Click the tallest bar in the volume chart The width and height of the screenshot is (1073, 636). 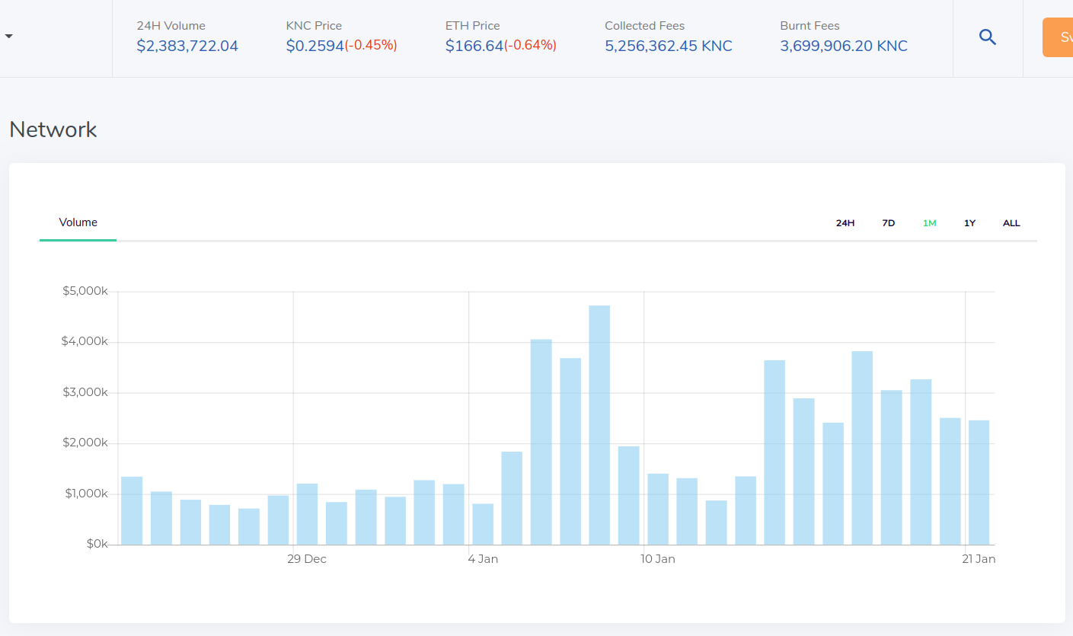(599, 425)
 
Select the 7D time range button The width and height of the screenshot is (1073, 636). (888, 223)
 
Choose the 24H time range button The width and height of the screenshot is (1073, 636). (845, 223)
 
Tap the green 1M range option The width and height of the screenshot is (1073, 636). (929, 223)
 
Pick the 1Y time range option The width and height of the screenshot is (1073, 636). (969, 223)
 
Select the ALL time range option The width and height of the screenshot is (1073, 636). (1011, 223)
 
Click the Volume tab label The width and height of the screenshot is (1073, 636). (78, 222)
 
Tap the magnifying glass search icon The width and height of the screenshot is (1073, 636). (987, 37)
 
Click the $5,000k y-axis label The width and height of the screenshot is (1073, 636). (85, 291)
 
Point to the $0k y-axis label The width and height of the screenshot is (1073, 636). (97, 544)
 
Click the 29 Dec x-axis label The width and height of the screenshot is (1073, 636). (307, 559)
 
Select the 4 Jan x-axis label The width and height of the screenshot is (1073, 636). (483, 559)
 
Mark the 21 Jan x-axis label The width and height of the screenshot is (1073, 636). (979, 559)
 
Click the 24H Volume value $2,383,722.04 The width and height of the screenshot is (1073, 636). (187, 46)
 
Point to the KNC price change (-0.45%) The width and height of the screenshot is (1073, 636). (371, 45)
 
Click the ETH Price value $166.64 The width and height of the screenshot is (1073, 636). (474, 46)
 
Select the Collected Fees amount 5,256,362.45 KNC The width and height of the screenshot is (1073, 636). (668, 46)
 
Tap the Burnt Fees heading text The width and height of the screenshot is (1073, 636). (810, 25)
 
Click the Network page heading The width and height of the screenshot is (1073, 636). (53, 130)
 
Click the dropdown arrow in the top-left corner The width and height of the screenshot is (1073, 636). (8, 36)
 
